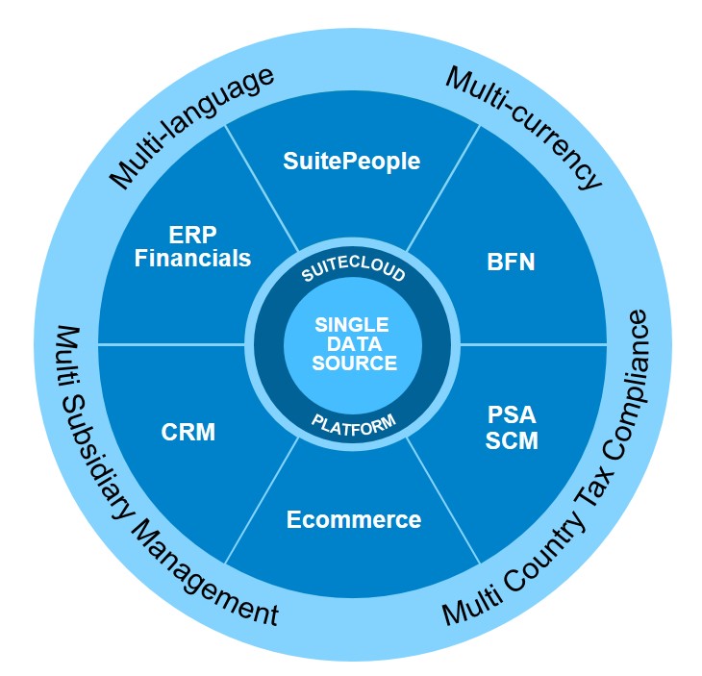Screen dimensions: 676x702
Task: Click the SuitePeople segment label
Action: pyautogui.click(x=352, y=161)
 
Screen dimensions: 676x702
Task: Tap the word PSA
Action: pyautogui.click(x=512, y=416)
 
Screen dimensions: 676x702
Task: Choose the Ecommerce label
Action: pyautogui.click(x=354, y=520)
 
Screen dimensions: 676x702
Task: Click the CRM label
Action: pyautogui.click(x=188, y=433)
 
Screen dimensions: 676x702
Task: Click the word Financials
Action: pyautogui.click(x=193, y=259)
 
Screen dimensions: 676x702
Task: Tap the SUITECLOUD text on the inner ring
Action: pyautogui.click(x=353, y=275)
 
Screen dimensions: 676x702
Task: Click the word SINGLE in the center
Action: pyautogui.click(x=352, y=325)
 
